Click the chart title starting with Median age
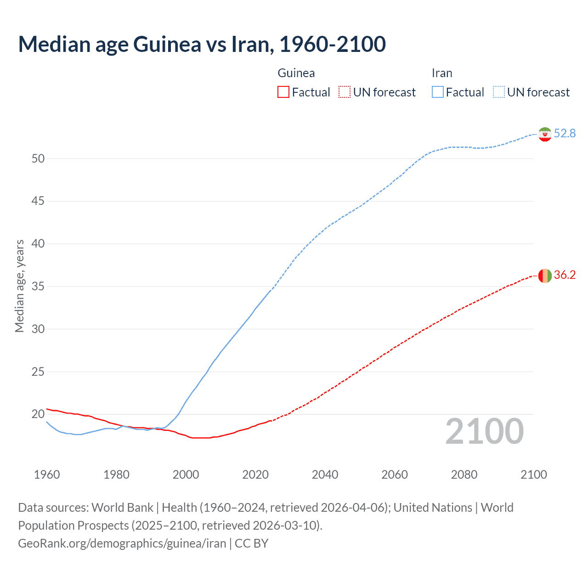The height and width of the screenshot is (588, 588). click(x=202, y=44)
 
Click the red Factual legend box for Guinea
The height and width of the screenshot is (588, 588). click(x=283, y=92)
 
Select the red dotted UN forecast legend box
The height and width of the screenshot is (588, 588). click(x=345, y=92)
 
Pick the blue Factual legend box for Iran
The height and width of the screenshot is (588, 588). click(x=437, y=92)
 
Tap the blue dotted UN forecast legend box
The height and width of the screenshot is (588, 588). click(x=498, y=92)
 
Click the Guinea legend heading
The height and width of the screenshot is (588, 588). click(x=296, y=73)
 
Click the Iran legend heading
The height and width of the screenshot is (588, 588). click(x=442, y=73)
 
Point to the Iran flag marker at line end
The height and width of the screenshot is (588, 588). click(x=545, y=134)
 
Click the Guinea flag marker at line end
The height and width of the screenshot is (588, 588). click(x=545, y=276)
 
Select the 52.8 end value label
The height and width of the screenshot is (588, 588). click(x=565, y=133)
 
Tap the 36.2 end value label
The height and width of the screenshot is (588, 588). click(x=565, y=275)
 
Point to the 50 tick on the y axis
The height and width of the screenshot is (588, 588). click(x=38, y=158)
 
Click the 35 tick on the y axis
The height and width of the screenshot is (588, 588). click(x=38, y=287)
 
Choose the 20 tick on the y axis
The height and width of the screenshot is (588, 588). click(x=38, y=414)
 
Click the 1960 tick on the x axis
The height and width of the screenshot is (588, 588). click(x=47, y=475)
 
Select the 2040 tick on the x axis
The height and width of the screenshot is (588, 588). click(x=325, y=475)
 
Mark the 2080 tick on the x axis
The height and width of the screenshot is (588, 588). click(x=464, y=475)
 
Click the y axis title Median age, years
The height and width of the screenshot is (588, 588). click(x=19, y=286)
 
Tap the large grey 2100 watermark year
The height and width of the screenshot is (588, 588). click(x=484, y=431)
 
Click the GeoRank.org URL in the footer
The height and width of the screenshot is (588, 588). click(x=122, y=543)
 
